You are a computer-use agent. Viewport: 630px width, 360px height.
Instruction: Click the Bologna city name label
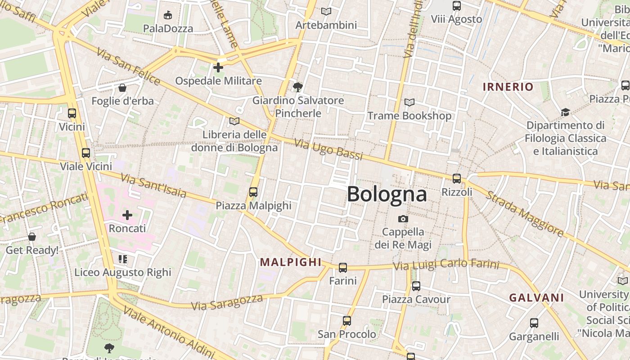[x=387, y=194]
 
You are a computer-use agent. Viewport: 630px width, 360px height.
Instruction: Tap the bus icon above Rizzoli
[x=457, y=179]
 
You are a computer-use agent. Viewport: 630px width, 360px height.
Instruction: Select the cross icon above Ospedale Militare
[x=218, y=67]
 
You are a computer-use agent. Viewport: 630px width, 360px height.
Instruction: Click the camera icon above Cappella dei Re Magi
[x=403, y=219]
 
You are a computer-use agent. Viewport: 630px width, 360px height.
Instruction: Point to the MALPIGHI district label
[x=291, y=262]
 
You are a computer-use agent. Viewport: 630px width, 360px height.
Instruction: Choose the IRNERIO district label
[x=508, y=87]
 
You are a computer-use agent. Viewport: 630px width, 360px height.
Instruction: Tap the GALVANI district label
[x=536, y=297]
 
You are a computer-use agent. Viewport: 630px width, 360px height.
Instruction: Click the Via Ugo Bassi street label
[x=328, y=149]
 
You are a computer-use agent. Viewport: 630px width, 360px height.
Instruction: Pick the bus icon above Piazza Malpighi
[x=253, y=192]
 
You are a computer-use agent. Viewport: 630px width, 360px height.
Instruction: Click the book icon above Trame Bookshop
[x=409, y=103]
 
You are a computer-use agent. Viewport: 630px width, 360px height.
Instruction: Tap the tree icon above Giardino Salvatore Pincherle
[x=297, y=87]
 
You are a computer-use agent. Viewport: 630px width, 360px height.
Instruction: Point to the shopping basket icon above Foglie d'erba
[x=122, y=87]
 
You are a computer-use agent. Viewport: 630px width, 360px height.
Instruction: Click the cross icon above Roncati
[x=127, y=215]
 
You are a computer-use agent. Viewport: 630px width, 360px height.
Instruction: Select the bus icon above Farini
[x=343, y=268]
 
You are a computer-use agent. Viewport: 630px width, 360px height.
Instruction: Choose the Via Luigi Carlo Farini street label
[x=446, y=265]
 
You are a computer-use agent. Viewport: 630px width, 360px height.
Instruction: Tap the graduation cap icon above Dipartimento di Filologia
[x=565, y=112]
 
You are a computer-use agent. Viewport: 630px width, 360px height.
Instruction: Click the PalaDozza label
[x=168, y=28]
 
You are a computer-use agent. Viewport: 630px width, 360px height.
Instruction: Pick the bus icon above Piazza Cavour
[x=416, y=286]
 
